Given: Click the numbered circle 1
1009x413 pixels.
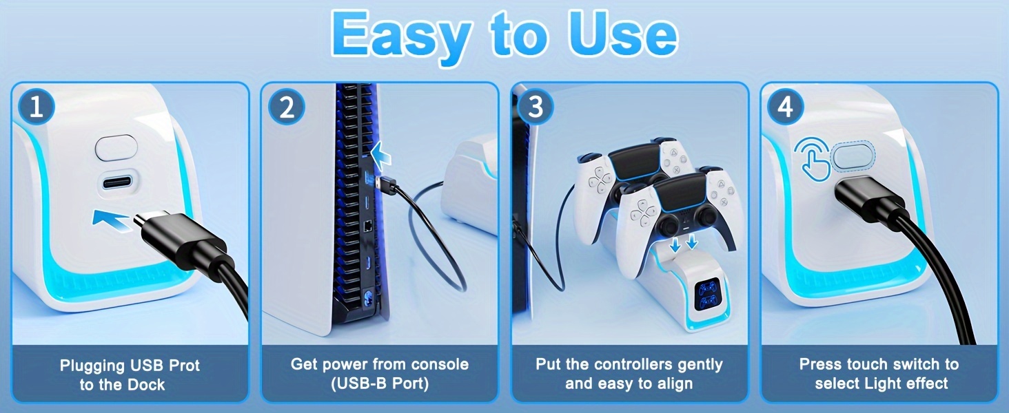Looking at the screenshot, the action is tap(37, 107).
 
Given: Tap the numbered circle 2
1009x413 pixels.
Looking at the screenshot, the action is tap(287, 107).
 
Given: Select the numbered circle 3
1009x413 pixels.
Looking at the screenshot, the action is tap(536, 107).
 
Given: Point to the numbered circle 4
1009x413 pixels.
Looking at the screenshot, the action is tap(786, 107).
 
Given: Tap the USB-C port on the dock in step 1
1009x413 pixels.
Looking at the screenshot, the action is tap(117, 182).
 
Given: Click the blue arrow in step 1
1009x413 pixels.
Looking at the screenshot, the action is tap(111, 220).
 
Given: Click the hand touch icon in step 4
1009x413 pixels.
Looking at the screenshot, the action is tap(813, 159).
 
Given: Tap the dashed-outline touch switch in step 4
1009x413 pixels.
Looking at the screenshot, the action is tap(853, 156).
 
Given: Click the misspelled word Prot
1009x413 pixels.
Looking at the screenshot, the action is tap(184, 366).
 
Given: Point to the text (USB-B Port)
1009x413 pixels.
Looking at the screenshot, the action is tap(380, 383).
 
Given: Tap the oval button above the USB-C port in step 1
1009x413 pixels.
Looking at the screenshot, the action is tap(116, 147).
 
